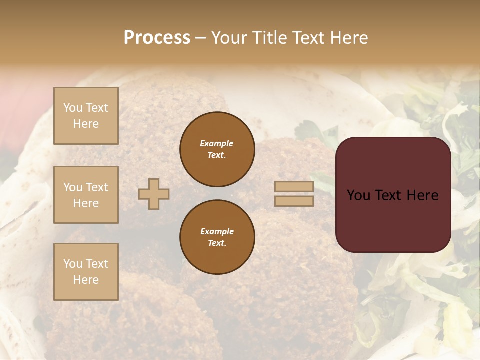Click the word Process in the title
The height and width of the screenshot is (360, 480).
(x=157, y=37)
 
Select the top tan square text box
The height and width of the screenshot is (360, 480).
(x=86, y=116)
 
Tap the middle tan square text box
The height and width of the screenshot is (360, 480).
(x=86, y=195)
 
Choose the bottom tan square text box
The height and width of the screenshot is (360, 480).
(x=86, y=272)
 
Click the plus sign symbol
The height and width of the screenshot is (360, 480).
(x=154, y=194)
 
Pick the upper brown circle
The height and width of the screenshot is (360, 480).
(x=217, y=149)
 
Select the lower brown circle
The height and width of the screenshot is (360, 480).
(x=217, y=237)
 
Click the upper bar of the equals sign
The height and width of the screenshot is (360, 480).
(x=294, y=187)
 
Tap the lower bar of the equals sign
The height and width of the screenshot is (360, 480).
(x=294, y=201)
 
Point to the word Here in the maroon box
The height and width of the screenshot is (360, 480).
(x=422, y=195)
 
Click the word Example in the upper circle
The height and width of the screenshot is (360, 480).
(x=217, y=143)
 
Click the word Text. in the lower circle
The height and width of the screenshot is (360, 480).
(x=217, y=243)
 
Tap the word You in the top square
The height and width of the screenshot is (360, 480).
(x=73, y=108)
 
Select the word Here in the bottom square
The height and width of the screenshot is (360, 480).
(x=86, y=280)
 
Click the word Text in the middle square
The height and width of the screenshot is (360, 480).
(x=97, y=187)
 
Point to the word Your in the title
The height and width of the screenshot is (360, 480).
(x=228, y=38)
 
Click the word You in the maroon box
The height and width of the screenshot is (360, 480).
(x=358, y=195)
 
